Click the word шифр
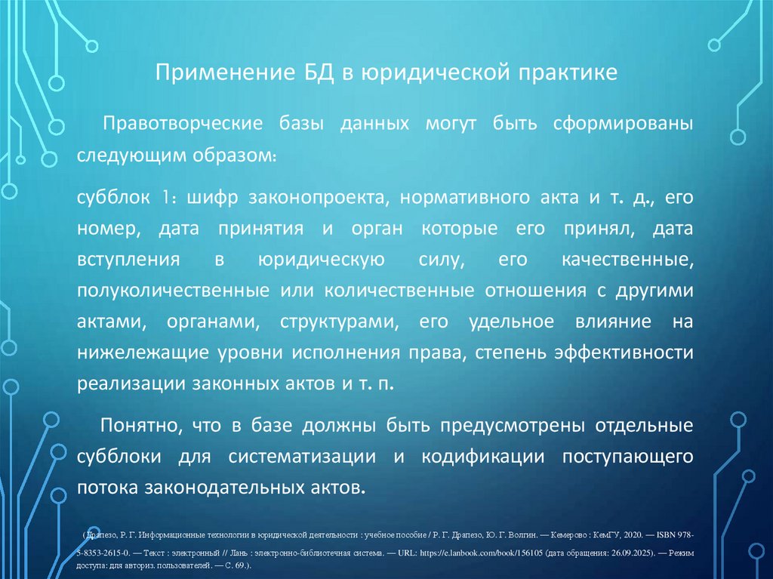(x=209, y=198)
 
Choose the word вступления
(x=128, y=260)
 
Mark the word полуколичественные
(x=174, y=291)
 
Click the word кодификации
(x=483, y=457)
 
